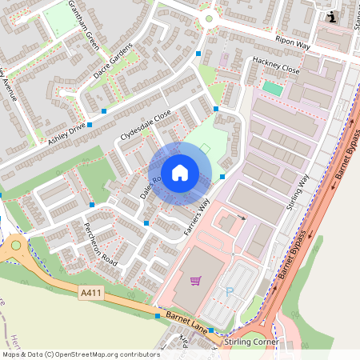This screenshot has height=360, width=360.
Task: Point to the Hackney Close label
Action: [x=275, y=70]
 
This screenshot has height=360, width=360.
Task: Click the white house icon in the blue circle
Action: [x=180, y=172]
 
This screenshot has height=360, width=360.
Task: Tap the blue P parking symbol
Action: [x=230, y=292]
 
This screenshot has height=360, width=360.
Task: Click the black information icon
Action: [x=333, y=17]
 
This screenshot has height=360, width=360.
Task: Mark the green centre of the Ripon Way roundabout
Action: [x=209, y=18]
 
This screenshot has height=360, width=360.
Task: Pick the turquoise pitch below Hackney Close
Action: [x=273, y=88]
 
